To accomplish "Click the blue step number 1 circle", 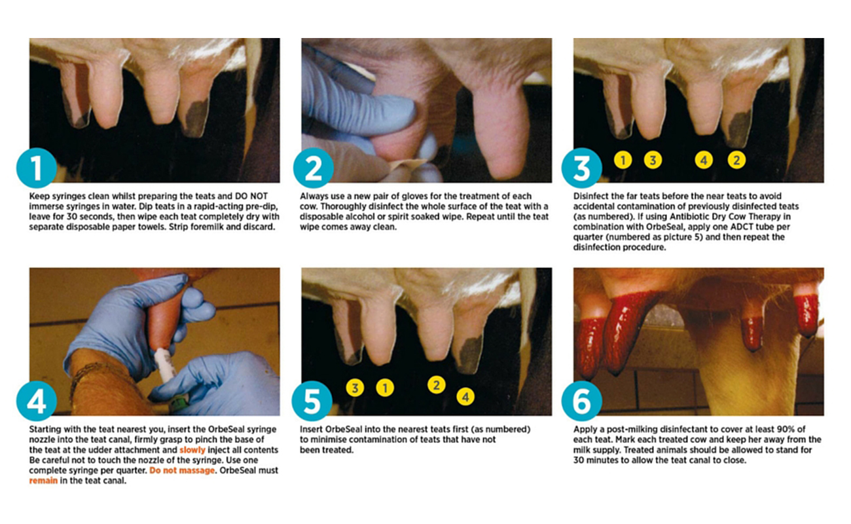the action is click(37, 168).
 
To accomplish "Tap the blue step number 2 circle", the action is click(314, 168).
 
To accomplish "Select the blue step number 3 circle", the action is click(582, 168).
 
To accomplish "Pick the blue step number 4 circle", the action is click(37, 401).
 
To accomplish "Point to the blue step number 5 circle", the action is click(312, 401).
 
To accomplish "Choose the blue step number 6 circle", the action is click(582, 401).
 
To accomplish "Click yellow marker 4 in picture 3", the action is click(704, 160).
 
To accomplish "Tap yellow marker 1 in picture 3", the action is click(623, 160).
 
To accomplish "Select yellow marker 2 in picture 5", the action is click(436, 385).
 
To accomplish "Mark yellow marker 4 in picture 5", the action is click(465, 397).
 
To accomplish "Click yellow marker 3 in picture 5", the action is click(355, 388).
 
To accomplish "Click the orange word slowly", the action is click(192, 450).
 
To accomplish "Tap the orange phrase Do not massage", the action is click(182, 470).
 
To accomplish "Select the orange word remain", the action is click(43, 481).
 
